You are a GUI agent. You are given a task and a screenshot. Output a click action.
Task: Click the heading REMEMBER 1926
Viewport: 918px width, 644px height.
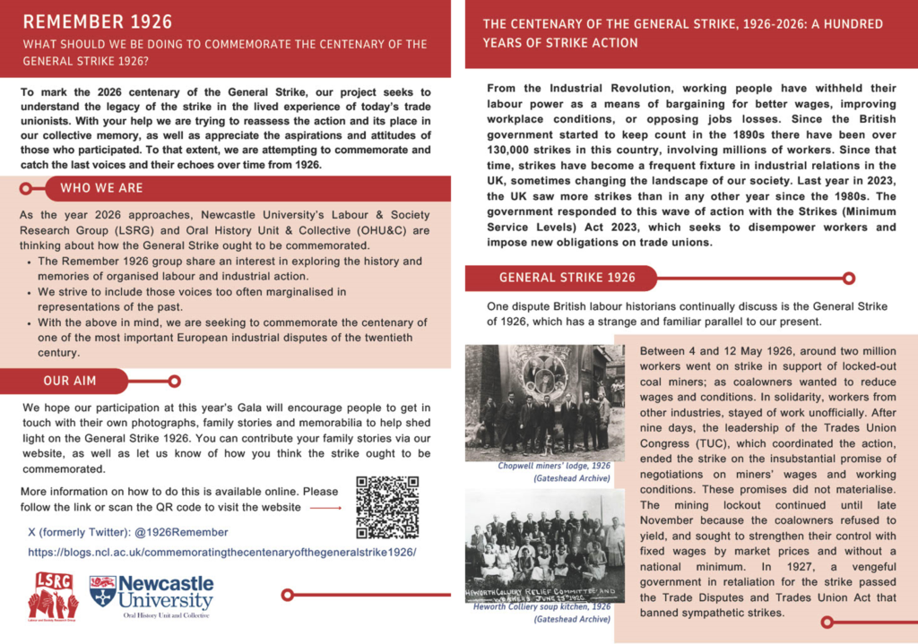98,21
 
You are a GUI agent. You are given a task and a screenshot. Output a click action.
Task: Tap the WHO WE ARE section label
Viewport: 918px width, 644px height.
101,188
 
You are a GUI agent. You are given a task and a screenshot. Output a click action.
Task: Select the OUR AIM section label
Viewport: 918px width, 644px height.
70,381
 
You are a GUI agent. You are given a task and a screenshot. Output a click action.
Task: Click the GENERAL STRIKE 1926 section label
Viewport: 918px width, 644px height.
567,278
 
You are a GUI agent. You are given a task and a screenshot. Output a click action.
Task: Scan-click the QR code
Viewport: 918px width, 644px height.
387,506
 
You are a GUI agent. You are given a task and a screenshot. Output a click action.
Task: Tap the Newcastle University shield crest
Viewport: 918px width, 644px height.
101,591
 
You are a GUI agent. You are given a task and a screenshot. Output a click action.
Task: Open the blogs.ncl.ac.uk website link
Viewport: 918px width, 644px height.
222,553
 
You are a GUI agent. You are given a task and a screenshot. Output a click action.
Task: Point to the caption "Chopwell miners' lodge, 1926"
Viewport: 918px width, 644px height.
554,467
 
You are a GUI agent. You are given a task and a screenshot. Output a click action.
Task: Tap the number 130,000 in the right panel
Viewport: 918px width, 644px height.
514,150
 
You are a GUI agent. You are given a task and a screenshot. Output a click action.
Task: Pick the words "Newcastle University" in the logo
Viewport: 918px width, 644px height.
166,592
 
